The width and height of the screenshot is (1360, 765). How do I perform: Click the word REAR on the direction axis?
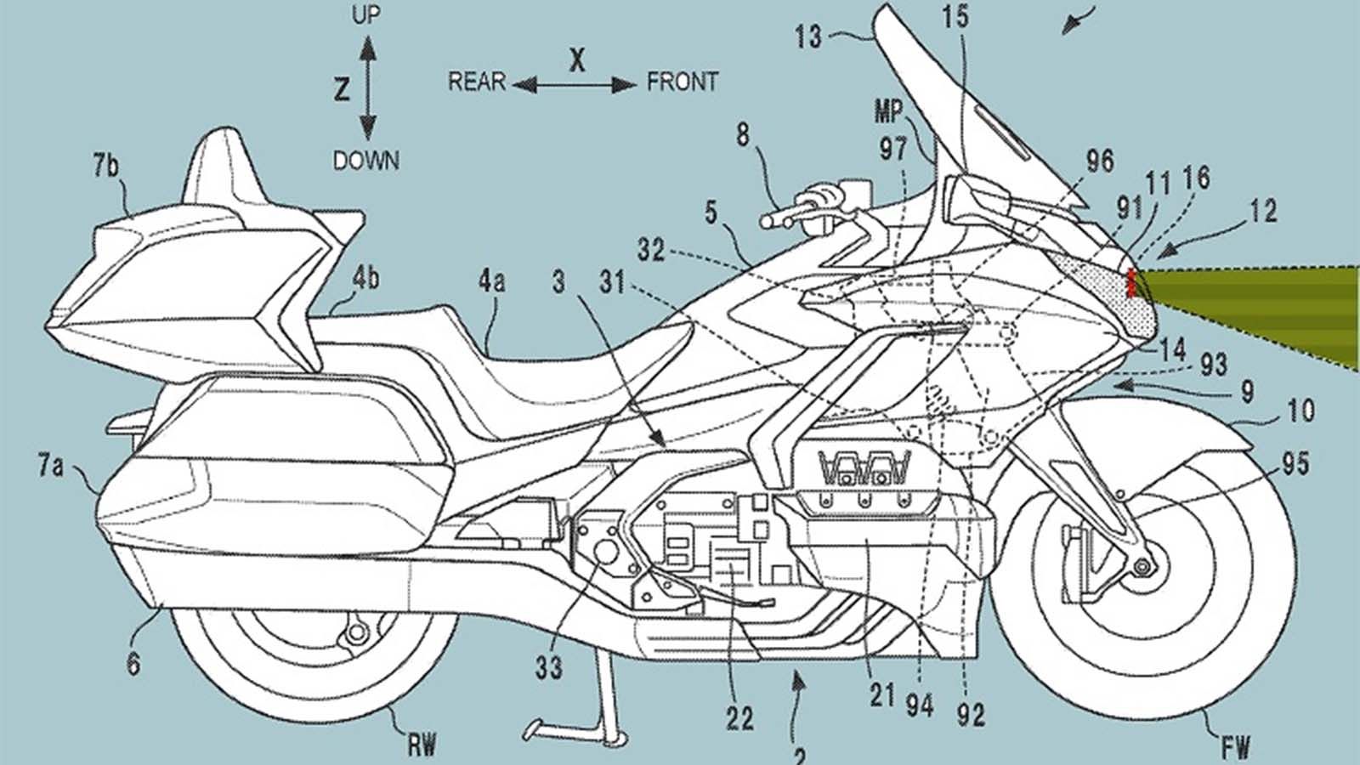click(x=477, y=82)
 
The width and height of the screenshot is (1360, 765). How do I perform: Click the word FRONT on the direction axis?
click(x=683, y=82)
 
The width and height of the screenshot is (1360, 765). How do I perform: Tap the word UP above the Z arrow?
click(x=366, y=15)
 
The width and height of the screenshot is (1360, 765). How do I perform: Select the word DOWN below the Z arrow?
click(x=366, y=161)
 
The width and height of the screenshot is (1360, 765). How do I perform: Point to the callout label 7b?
click(x=105, y=166)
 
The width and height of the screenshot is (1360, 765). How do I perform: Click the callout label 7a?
click(x=50, y=467)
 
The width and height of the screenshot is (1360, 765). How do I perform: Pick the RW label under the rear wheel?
click(x=422, y=745)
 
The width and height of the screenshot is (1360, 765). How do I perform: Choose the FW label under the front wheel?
click(x=1237, y=745)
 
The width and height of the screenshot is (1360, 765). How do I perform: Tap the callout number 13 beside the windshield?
click(x=808, y=37)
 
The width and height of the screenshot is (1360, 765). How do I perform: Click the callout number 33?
click(x=548, y=668)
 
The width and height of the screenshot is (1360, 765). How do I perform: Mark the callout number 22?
click(x=740, y=719)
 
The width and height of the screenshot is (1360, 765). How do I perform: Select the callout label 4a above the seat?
click(x=492, y=282)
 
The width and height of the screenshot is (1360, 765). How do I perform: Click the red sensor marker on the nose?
click(x=1130, y=283)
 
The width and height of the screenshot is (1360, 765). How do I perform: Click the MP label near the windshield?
click(x=889, y=111)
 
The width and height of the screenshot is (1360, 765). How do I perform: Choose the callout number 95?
click(x=1295, y=464)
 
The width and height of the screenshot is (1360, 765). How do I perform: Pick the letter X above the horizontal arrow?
click(x=577, y=60)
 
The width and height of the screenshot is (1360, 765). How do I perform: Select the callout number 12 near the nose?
click(x=1263, y=212)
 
